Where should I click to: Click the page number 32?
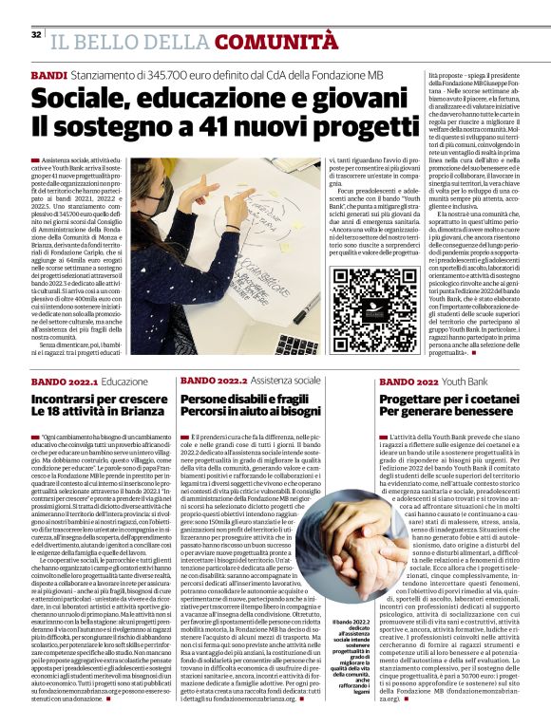[x=36, y=35]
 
